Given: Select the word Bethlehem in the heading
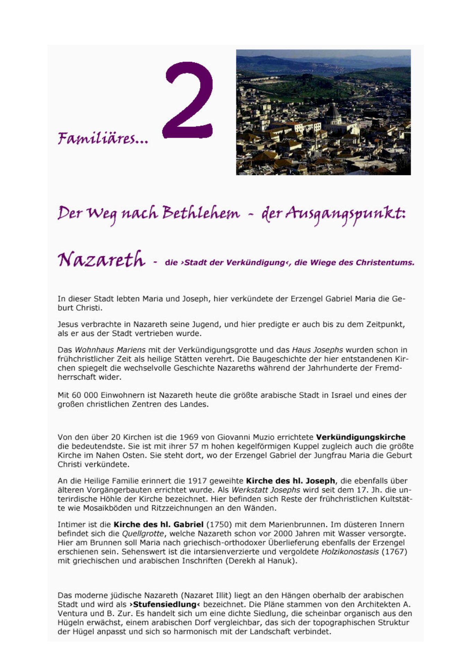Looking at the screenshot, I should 200,213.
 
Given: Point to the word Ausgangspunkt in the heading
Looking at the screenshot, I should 345,214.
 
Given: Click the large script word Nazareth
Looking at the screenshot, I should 101,259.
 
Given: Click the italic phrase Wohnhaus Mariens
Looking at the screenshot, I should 110,350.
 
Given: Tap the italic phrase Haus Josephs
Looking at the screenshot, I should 317,350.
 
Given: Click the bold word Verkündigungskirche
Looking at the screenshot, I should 361,437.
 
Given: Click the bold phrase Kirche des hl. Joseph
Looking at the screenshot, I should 290,481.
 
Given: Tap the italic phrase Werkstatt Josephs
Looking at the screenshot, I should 266,490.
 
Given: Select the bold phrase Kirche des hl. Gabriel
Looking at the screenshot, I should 158,524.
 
